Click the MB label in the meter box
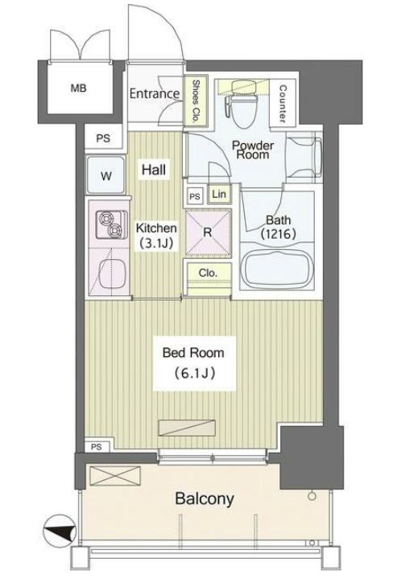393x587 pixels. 78,88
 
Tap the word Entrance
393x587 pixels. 155,94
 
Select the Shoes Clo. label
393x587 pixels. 195,102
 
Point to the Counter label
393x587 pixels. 283,104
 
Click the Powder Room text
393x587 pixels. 253,150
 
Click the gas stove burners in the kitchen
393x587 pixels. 109,224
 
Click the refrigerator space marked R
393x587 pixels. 207,231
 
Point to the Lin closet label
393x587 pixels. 218,194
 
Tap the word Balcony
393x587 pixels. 205,499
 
